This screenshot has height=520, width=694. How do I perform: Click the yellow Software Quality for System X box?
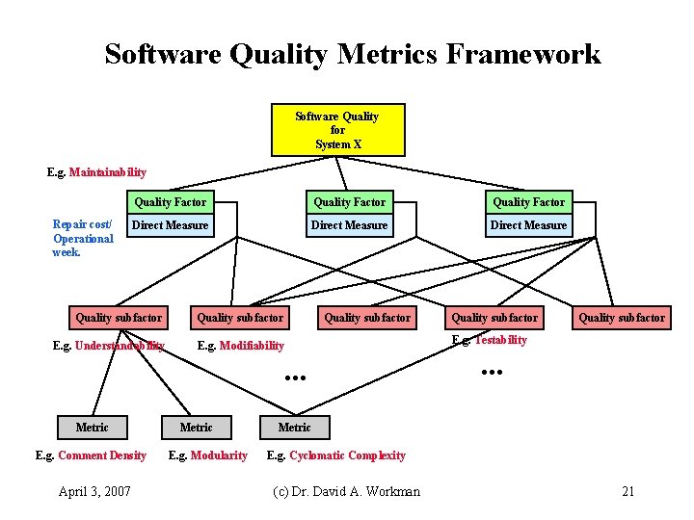tap(337, 130)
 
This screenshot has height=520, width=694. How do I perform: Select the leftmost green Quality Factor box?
tap(170, 202)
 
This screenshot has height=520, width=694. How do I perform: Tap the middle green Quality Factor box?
tap(349, 202)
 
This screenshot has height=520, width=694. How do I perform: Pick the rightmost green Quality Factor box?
tap(529, 202)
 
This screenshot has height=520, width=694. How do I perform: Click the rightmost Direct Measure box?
tap(529, 225)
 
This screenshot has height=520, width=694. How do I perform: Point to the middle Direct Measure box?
tap(349, 225)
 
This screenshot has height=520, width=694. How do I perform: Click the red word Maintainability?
tap(107, 172)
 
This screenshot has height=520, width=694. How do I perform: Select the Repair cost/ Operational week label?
tap(83, 239)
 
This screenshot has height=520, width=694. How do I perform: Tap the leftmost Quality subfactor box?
tap(119, 318)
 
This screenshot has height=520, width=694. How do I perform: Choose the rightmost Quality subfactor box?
tap(622, 318)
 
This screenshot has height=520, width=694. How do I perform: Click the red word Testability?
tap(500, 340)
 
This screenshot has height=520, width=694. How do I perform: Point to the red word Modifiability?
tap(252, 346)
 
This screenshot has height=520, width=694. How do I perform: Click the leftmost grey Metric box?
tap(93, 428)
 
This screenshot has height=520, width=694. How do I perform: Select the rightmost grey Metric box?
tap(294, 428)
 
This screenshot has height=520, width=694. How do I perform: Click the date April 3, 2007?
tap(93, 491)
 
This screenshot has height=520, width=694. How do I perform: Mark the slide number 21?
tap(628, 491)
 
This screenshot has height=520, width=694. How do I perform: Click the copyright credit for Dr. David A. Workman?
tap(347, 491)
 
